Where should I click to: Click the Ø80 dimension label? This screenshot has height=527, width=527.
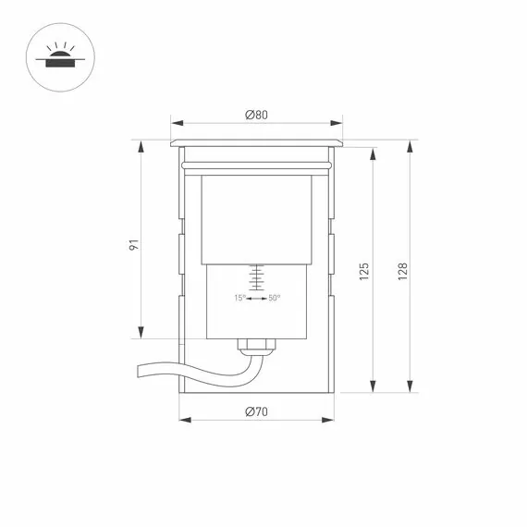click(256, 115)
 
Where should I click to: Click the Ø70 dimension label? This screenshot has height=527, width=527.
click(256, 411)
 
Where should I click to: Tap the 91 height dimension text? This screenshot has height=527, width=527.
click(134, 245)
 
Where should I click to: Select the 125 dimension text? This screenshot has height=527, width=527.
click(364, 272)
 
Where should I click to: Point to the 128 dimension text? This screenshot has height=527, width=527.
click(402, 272)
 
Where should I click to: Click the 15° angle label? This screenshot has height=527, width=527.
click(240, 298)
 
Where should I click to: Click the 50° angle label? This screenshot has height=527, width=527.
click(275, 298)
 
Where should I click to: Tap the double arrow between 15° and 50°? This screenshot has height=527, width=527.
click(257, 298)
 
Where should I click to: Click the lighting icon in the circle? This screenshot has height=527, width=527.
click(60, 57)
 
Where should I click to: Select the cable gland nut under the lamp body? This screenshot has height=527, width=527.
click(256, 344)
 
